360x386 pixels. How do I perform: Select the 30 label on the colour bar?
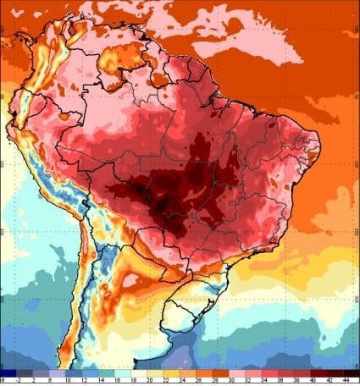coord(231,380)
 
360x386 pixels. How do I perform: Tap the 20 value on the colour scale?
coord(149,380)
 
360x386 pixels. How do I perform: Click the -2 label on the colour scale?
coord(19,380)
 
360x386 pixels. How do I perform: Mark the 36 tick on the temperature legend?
coord(279,380)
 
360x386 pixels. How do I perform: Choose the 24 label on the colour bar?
coord(182,380)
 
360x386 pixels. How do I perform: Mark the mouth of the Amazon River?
coord(222,94)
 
